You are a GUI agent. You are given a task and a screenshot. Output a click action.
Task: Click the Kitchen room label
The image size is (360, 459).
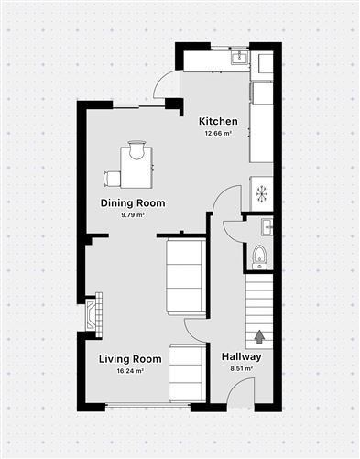tap(219, 122)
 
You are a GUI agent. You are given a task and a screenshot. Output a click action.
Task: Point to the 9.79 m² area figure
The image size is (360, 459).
tap(133, 215)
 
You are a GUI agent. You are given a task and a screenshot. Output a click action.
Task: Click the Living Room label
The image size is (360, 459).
tap(130, 359)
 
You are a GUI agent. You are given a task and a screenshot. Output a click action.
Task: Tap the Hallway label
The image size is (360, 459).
tap(242, 357)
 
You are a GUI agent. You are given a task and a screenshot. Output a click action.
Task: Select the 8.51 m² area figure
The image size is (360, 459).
tap(242, 370)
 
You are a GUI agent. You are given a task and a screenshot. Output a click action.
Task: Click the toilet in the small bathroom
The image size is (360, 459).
tap(259, 256)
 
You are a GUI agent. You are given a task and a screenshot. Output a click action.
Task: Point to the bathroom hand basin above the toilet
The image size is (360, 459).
tap(266, 225)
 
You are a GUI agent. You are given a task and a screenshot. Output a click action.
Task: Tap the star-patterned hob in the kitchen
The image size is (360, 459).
tap(262, 193)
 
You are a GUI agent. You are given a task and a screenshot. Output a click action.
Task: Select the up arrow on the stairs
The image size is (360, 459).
tap(259, 337)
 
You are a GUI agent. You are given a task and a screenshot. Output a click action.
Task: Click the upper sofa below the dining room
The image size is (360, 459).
tap(186, 276)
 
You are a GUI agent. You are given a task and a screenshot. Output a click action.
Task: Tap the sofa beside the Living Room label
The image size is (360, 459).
tap(187, 373)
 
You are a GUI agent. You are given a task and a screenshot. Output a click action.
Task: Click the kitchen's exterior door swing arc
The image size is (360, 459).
tap(167, 85)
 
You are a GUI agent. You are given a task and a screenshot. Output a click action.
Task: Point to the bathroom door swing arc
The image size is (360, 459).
tap(227, 202)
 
